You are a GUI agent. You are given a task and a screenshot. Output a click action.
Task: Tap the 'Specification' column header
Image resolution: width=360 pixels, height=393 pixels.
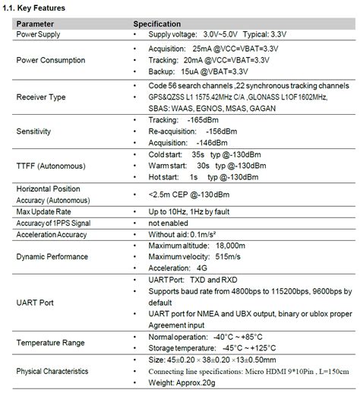click(157, 24)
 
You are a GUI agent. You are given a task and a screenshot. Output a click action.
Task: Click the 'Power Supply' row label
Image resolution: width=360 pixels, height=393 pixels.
click(39, 34)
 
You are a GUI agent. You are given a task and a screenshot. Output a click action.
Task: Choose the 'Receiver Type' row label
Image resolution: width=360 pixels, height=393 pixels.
click(41, 97)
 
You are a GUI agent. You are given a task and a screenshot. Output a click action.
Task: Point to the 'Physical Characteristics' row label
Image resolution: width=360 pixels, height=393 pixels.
click(52, 371)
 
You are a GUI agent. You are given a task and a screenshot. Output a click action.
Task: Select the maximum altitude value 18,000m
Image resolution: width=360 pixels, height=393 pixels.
click(229, 246)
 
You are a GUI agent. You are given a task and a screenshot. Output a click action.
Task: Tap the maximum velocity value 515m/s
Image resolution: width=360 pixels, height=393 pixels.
click(226, 256)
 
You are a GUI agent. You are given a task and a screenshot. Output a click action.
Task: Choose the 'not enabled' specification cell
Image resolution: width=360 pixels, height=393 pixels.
click(169, 223)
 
